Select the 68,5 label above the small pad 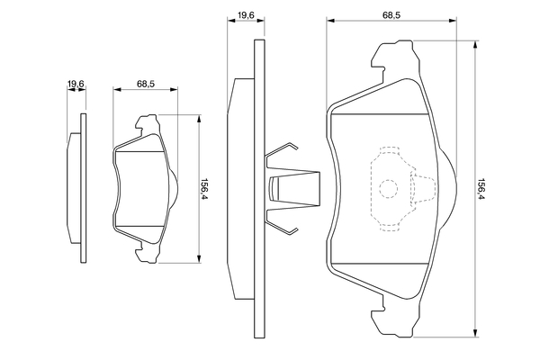146,84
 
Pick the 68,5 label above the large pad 391,13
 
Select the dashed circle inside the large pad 388,188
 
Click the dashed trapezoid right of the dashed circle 421,188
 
